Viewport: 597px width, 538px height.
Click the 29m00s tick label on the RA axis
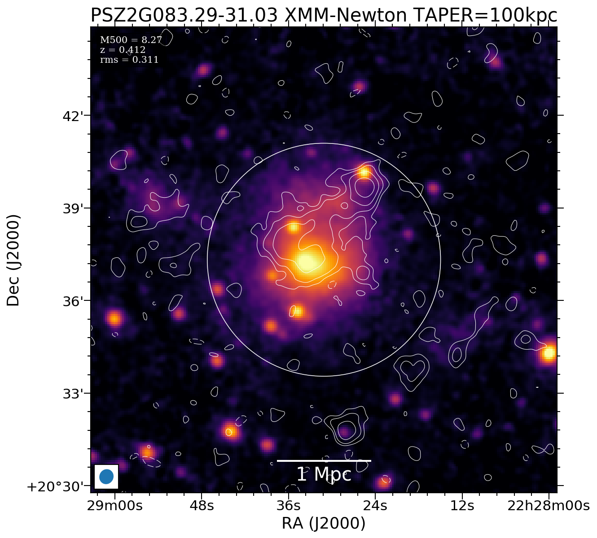click(114, 506)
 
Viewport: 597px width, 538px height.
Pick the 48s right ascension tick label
click(202, 506)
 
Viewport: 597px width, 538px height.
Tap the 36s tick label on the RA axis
click(288, 506)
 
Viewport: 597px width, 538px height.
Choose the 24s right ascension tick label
click(375, 506)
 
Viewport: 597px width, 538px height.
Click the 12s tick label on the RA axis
click(462, 506)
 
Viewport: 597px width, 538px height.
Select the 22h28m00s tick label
click(549, 506)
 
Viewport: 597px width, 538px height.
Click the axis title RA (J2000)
click(324, 523)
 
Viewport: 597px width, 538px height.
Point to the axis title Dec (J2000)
click(13, 260)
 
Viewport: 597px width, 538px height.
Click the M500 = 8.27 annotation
click(131, 40)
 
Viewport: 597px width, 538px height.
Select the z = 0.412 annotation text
click(123, 50)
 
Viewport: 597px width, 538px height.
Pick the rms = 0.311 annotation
click(129, 60)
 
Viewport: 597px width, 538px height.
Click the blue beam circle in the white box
click(106, 477)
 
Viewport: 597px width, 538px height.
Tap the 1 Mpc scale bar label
click(324, 475)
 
